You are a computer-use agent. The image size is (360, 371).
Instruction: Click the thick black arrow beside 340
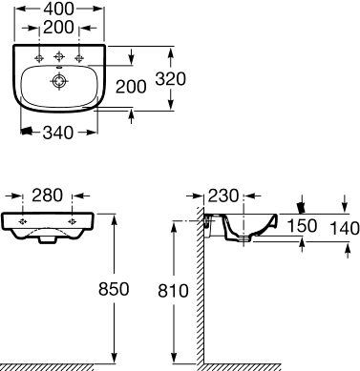point(30,133)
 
